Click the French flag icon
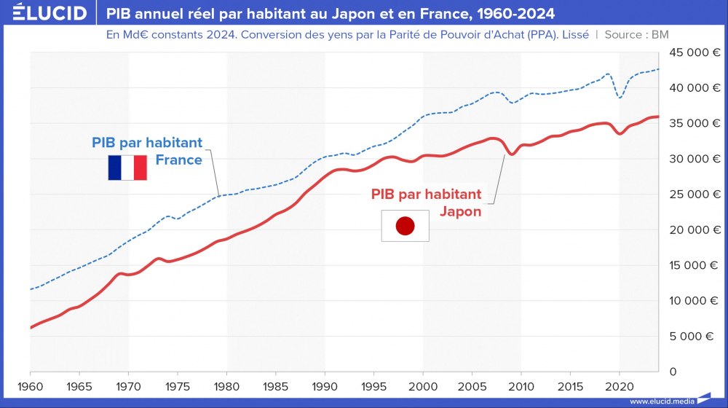tap(127, 168)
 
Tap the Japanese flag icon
tap(405, 226)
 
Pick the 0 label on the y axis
tap(673, 372)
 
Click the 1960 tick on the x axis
tap(31, 385)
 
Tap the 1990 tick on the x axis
tap(325, 385)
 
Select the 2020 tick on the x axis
tap(619, 385)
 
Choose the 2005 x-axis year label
tap(472, 385)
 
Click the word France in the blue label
tap(178, 160)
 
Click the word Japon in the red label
tap(460, 211)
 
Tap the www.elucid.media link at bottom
tap(662, 401)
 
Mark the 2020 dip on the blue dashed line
tap(620, 97)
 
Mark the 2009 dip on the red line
tap(512, 154)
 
